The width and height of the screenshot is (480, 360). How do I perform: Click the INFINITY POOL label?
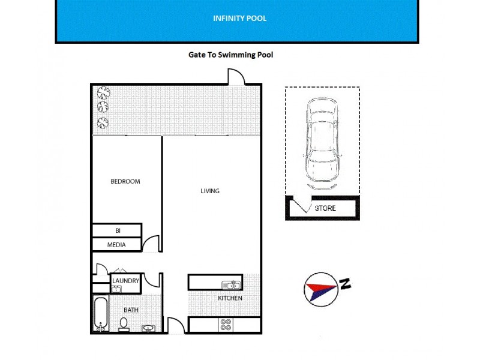point(239,19)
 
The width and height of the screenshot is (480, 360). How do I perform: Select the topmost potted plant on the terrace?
point(104,93)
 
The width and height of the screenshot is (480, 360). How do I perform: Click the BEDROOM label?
point(125,181)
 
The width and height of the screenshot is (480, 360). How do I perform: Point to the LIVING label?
point(210,191)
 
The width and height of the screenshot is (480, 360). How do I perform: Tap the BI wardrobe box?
point(117,230)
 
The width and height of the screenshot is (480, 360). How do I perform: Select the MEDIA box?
point(116,245)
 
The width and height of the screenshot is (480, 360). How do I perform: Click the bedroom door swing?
point(151,244)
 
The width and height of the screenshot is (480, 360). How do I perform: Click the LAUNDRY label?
point(125,280)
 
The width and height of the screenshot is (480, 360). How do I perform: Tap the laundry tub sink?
point(116,289)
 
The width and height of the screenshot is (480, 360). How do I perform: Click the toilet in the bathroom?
point(124,324)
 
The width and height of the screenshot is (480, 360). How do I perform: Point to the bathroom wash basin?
point(148,328)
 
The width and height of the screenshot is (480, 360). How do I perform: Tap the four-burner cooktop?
point(226,325)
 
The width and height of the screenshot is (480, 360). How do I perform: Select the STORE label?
point(325,209)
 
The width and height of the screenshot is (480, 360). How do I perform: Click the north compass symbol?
point(323,289)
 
